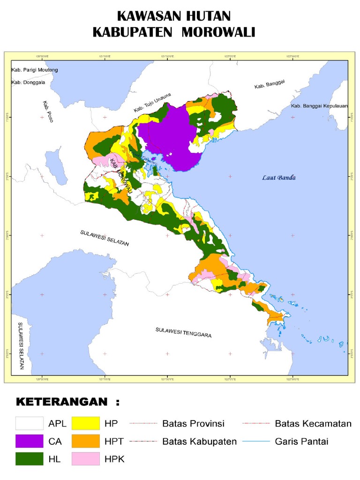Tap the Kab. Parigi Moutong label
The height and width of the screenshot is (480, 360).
tap(34, 70)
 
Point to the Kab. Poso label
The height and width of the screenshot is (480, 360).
tap(47, 112)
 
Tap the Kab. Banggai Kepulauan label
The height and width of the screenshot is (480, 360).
tap(319, 106)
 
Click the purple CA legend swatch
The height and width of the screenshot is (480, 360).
tap(30, 441)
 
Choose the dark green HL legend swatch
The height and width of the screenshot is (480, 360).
tap(30, 459)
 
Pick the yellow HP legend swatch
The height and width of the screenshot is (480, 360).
tap(86, 423)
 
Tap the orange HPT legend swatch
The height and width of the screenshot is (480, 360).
tap(86, 441)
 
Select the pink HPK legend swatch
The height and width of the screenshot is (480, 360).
tap(86, 459)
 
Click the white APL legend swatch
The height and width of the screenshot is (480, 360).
tap(30, 423)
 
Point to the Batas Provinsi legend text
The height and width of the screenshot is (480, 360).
tap(193, 424)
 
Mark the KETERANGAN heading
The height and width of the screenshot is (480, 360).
tap(68, 402)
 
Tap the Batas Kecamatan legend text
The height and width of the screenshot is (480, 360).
tap(313, 424)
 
